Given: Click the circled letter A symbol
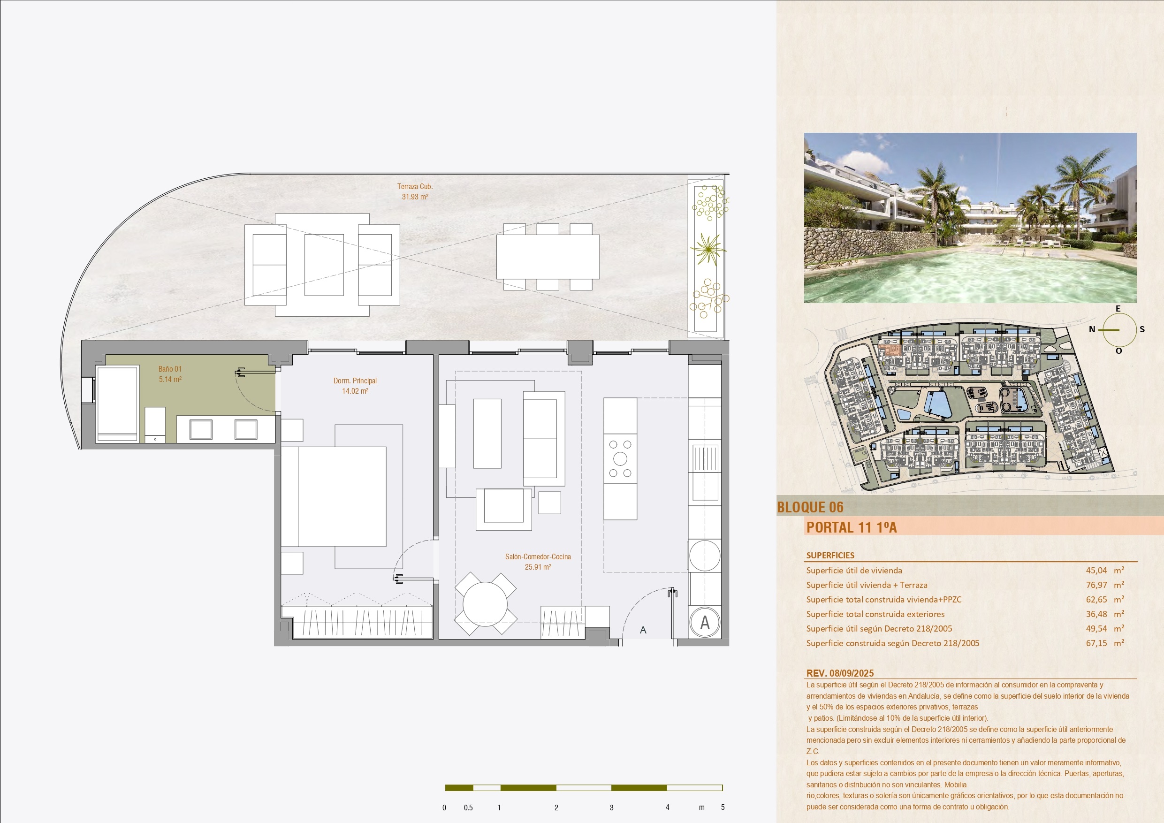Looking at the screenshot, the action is (x=705, y=622).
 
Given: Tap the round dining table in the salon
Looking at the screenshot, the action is (x=485, y=603).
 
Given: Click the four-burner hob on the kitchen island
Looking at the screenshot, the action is (x=620, y=459).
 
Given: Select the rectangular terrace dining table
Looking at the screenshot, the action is (x=548, y=257).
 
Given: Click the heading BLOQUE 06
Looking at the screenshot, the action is (x=810, y=507).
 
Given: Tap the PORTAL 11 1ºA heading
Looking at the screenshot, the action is (x=852, y=527).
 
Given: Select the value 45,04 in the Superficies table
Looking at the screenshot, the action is (x=1096, y=571).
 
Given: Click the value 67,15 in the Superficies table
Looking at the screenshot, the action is (x=1096, y=643).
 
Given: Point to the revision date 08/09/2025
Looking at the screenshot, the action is (x=852, y=673).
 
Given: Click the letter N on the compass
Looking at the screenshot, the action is (x=1092, y=329).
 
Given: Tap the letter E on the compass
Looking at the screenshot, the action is (x=1118, y=308).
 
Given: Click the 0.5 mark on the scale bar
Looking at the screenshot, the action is (x=468, y=807).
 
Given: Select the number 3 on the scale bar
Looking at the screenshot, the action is (x=611, y=807).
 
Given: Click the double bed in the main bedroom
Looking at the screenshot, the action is (x=334, y=496).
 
